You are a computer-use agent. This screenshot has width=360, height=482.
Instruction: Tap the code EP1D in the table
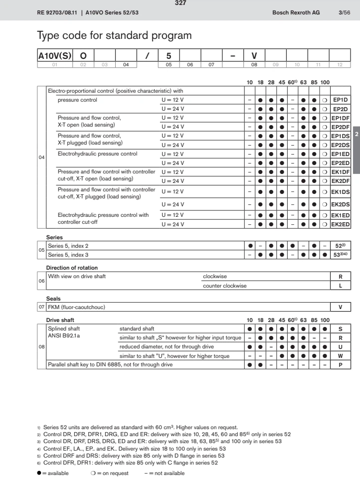[x=341, y=100]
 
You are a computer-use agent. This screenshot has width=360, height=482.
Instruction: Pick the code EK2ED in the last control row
[x=341, y=225]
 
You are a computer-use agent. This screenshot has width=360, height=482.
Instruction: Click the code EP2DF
[x=341, y=127]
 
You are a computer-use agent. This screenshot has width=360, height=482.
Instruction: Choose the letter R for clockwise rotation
[x=341, y=276]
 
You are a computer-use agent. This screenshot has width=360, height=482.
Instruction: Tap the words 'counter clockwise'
[x=224, y=286]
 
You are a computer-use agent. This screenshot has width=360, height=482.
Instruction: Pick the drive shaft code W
[x=341, y=356]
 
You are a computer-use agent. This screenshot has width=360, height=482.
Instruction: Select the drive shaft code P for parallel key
[x=341, y=365]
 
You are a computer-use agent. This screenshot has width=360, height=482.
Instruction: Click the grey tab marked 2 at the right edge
[x=356, y=135]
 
